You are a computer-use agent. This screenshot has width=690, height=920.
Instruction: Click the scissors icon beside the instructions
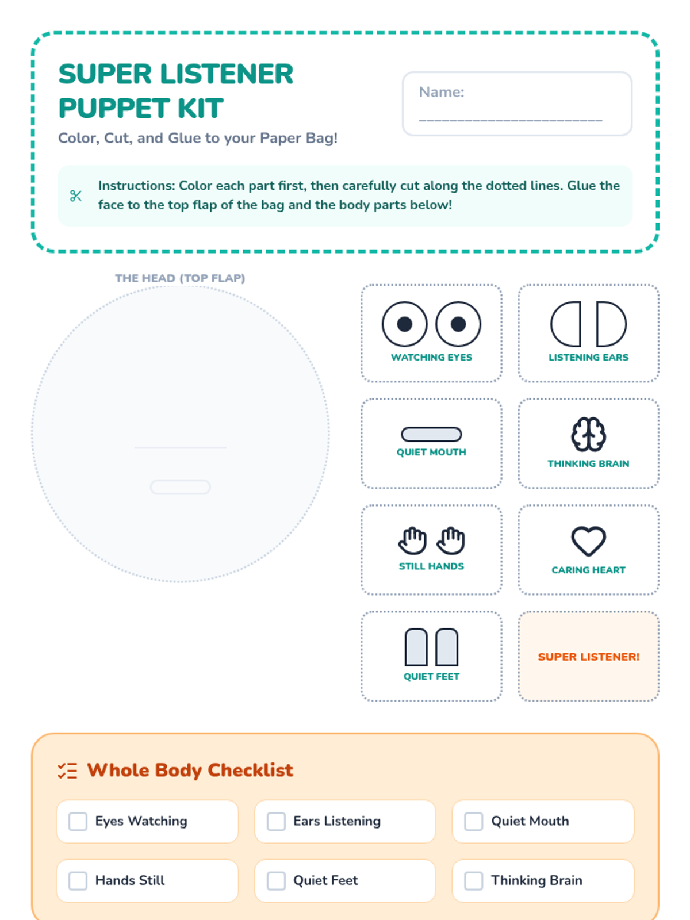coord(76,195)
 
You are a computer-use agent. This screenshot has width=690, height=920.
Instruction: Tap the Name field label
coord(442,92)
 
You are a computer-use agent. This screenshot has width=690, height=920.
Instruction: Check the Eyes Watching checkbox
coord(78,821)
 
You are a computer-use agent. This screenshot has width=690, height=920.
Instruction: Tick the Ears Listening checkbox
coord(276,821)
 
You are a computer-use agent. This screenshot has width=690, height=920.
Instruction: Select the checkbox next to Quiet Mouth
coord(473,821)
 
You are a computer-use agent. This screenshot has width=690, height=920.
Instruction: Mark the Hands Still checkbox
coord(78,880)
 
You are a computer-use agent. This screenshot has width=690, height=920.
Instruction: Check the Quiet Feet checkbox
coord(276,880)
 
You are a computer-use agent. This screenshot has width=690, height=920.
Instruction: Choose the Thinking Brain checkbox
coord(473,880)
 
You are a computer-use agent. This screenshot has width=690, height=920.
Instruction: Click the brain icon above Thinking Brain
coord(588,434)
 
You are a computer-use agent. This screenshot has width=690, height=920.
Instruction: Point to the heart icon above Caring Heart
coord(588,541)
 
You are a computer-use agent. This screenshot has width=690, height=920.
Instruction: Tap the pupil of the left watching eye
coord(404,324)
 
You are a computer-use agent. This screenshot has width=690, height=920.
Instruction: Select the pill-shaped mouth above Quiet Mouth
coord(431,434)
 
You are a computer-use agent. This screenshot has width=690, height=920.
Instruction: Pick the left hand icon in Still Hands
coord(413,540)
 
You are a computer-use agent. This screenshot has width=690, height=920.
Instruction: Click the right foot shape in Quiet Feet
coord(447,647)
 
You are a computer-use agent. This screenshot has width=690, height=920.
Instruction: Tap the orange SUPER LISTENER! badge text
coord(588,657)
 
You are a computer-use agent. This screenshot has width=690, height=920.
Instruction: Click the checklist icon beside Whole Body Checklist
coord(67,771)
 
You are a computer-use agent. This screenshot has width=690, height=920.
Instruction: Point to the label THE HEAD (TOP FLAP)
coord(180,278)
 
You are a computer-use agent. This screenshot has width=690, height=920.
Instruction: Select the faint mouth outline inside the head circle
coord(180,487)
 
